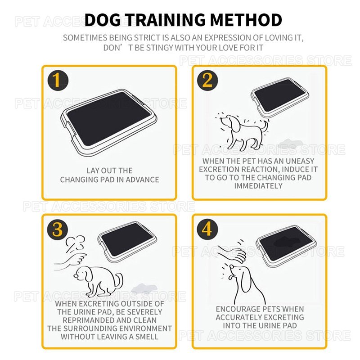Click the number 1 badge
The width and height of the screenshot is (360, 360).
tap(58, 81)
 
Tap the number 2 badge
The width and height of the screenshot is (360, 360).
tap(207, 81)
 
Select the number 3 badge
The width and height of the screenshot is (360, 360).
tap(58, 229)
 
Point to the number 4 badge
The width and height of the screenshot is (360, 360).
tap(207, 229)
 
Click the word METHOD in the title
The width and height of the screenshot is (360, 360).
tap(246, 20)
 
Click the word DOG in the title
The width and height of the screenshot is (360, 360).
tap(103, 20)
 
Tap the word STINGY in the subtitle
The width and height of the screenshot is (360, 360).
tap(160, 48)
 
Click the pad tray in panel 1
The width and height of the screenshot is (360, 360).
tap(108, 122)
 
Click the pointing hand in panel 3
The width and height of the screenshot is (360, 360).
tap(71, 261)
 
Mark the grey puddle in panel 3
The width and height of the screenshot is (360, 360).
tap(144, 288)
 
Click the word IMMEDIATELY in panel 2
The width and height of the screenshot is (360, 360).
tap(258, 186)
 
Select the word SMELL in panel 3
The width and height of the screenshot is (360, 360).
tap(147, 337)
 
